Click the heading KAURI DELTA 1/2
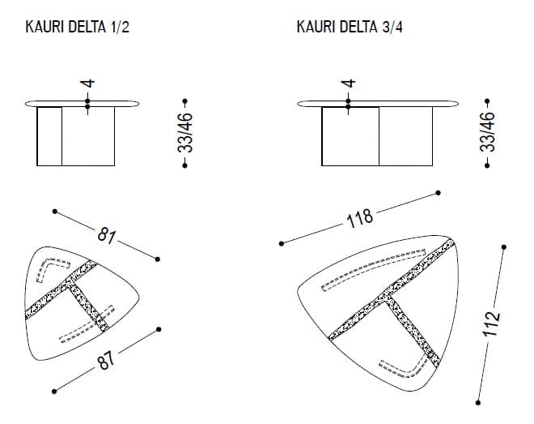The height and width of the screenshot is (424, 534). click(x=78, y=27)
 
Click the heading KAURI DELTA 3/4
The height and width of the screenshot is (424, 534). click(x=350, y=27)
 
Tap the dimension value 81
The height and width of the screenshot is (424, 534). click(x=106, y=235)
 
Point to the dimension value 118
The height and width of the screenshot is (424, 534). click(x=359, y=218)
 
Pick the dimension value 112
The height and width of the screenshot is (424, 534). click(x=491, y=324)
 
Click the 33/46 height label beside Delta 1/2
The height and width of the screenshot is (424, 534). click(x=185, y=133)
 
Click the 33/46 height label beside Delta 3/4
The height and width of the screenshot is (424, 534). click(x=487, y=131)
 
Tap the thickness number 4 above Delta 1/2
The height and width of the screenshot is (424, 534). click(x=87, y=84)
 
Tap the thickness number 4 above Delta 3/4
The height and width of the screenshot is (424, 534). click(x=348, y=84)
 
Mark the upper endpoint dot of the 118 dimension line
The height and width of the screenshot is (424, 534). click(x=438, y=193)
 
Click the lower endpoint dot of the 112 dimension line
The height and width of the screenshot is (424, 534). click(x=478, y=403)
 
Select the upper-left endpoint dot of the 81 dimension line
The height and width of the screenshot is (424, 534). click(x=55, y=212)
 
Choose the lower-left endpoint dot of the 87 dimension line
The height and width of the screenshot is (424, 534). click(x=54, y=392)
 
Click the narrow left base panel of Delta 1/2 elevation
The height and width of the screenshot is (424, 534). click(x=49, y=136)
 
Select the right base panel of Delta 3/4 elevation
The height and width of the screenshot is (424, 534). click(x=405, y=136)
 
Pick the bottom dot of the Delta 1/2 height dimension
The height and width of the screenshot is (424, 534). click(x=185, y=165)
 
